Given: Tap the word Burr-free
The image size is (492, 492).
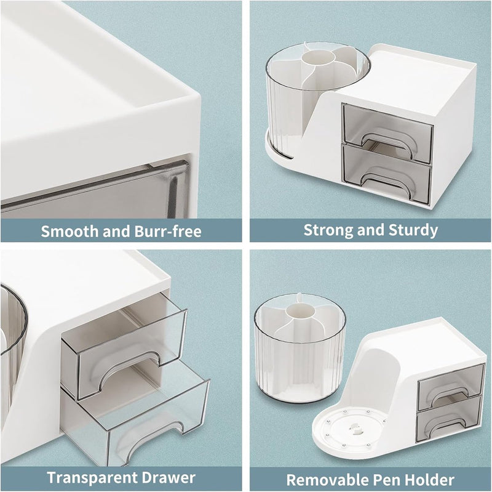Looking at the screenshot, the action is (x=168, y=232).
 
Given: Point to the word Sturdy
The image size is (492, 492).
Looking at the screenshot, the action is (x=413, y=230).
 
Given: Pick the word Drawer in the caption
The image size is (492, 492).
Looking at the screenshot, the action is (x=169, y=478).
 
